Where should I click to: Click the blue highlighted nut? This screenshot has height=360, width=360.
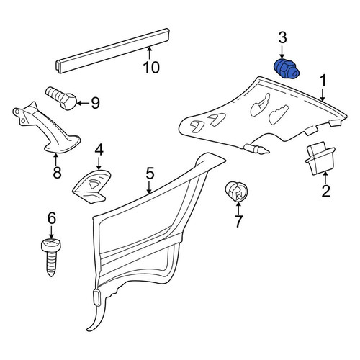coord(287,68)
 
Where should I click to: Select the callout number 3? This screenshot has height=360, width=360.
coord(282,38)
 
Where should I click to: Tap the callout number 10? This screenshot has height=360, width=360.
coord(151,68)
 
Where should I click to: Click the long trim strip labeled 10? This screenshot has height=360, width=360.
coord(113,50)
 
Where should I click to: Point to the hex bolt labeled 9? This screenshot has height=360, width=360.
coord(61,98)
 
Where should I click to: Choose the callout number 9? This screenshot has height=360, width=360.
coord(95,104)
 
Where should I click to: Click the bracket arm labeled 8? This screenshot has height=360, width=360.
coord(45,128)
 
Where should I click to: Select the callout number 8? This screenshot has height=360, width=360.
coord(57,172)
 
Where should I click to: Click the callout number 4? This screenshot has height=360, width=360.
coord(99,150)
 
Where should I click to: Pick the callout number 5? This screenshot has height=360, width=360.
coord(150,174)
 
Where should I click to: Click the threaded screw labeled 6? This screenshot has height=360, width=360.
coord(51,257)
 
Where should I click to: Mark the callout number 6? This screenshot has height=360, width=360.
coord(52,218)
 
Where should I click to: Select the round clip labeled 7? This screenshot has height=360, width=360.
coord(236,192)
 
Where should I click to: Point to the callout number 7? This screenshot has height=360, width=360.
coord(238,221)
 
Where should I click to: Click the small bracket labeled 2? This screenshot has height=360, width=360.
coord(320,158)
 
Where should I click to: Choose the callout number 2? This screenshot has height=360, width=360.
coord(325,191)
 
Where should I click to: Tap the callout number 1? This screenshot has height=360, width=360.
coord(323,81)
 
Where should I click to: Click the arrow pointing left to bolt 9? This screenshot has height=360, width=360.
coord(83,104)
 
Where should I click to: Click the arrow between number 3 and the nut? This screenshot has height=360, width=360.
coord(282,53)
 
